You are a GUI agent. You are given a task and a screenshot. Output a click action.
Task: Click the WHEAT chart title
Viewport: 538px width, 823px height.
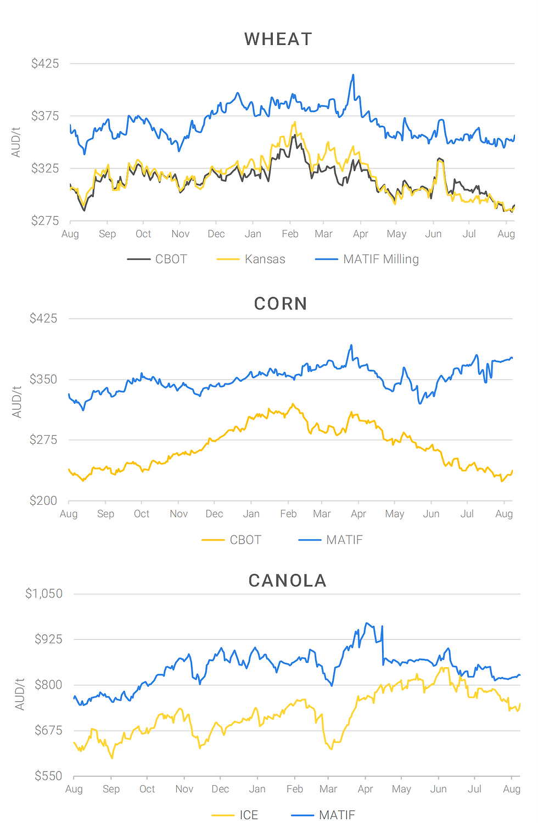(278, 40)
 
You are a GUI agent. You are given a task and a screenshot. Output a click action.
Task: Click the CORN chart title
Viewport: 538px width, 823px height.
(281, 303)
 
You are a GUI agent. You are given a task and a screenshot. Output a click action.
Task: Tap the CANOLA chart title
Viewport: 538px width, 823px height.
(287, 580)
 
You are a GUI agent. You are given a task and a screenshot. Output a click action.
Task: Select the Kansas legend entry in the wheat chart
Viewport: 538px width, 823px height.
(265, 259)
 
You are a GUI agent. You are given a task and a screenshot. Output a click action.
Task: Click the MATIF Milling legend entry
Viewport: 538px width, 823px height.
(380, 259)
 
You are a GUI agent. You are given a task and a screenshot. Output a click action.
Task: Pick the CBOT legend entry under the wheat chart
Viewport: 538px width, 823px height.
(171, 259)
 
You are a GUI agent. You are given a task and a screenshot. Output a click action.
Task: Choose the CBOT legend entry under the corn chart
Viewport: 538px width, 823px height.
(245, 540)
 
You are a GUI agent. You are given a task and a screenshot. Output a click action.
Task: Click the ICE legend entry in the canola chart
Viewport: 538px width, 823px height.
(248, 815)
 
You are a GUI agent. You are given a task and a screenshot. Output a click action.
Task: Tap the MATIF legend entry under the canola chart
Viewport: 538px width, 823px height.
(337, 815)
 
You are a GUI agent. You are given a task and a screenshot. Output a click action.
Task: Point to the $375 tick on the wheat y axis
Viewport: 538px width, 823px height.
(45, 116)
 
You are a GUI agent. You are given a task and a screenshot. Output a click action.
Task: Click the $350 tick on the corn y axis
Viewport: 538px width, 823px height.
(43, 379)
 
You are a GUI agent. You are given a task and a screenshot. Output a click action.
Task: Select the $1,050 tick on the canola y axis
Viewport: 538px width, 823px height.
(44, 594)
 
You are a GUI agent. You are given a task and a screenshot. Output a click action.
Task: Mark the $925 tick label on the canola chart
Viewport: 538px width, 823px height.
(48, 639)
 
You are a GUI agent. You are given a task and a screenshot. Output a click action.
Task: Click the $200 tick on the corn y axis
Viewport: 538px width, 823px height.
(43, 500)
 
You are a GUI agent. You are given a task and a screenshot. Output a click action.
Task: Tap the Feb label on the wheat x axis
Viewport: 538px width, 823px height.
(290, 234)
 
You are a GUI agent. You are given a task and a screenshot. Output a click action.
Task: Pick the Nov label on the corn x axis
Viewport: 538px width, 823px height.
(178, 514)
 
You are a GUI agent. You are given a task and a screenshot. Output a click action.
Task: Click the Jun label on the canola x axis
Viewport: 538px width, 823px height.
(438, 789)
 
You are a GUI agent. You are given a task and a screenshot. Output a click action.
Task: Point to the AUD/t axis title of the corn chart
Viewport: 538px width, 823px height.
(17, 402)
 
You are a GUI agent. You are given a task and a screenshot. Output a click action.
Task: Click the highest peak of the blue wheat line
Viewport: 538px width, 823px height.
(353, 75)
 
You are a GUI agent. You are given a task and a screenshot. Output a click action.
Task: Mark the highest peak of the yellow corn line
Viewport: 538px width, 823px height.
(293, 404)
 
